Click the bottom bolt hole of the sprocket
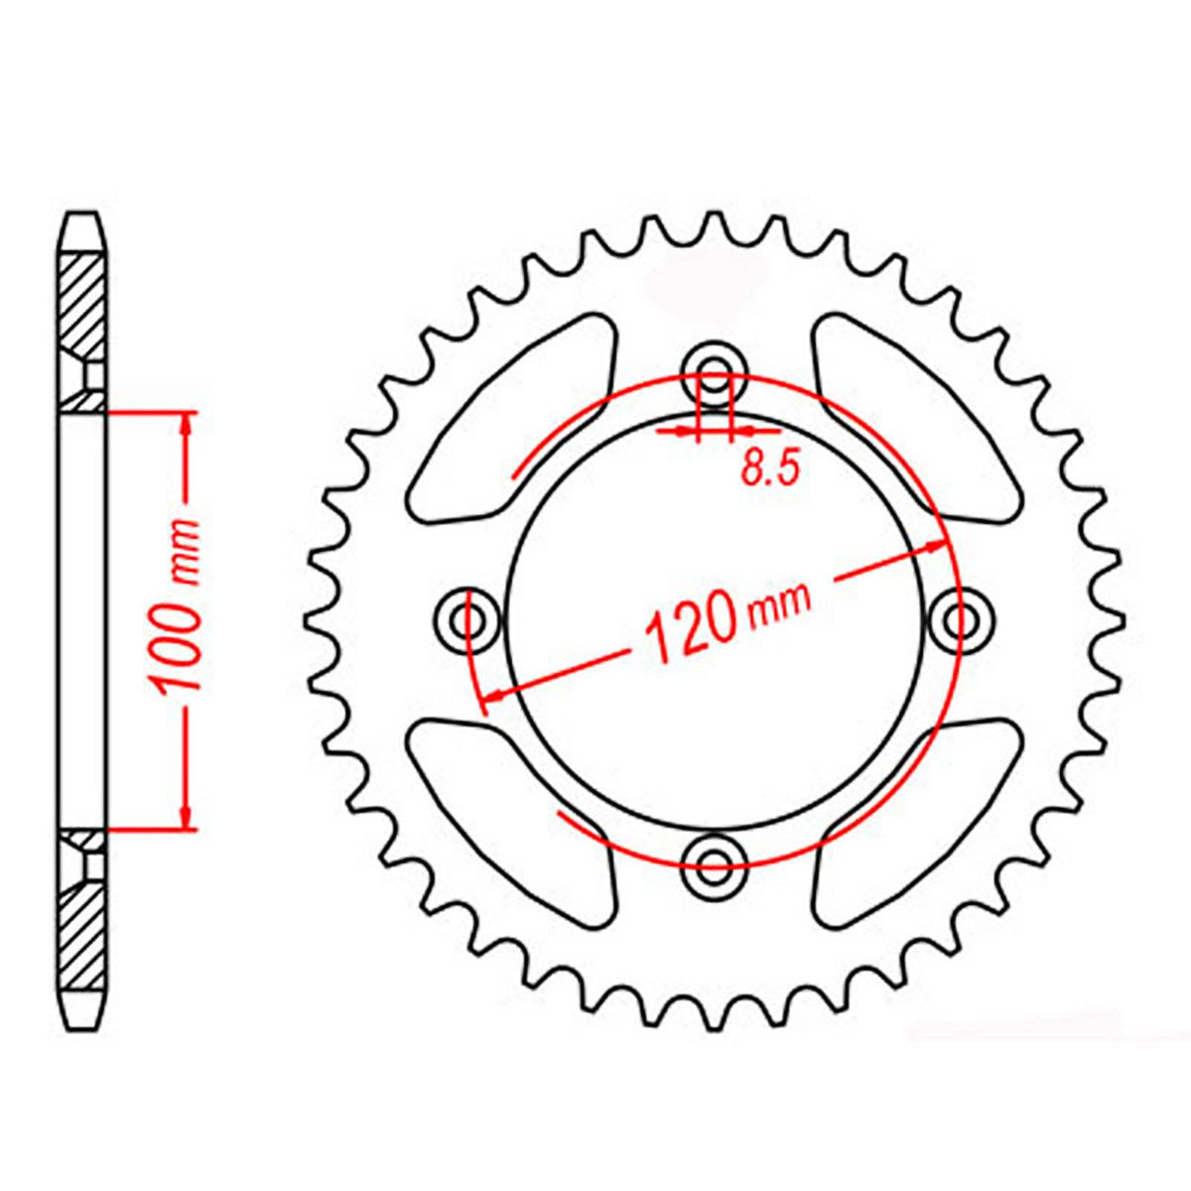pos(715,858)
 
